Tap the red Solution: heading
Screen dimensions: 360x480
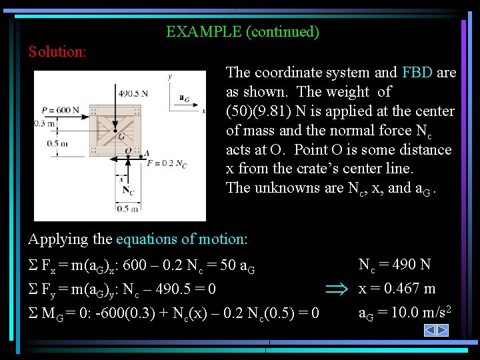coord(57,51)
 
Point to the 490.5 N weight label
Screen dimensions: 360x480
coord(133,93)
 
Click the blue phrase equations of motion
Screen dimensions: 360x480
coord(180,239)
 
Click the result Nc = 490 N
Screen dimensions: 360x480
coord(395,265)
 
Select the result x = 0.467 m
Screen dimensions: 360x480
coord(397,288)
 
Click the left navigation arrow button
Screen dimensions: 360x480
coord(430,330)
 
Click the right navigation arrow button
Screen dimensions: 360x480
coord(441,330)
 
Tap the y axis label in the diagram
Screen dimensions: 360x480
coord(169,77)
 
